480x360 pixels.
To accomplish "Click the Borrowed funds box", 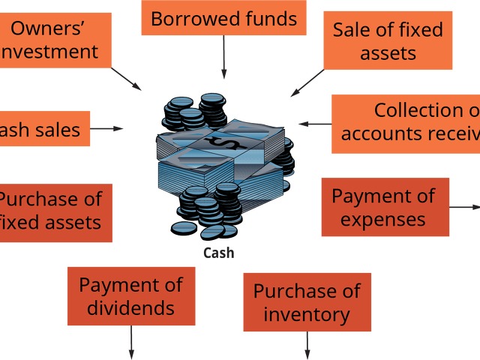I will click(223, 18).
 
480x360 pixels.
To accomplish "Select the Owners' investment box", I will click(54, 40).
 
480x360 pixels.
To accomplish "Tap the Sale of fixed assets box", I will click(388, 40).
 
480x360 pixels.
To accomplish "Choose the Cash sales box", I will click(43, 129).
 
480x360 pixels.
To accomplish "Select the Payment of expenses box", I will click(385, 207).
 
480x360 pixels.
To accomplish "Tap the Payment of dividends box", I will click(130, 295).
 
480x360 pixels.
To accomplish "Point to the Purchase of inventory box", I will click(307, 301).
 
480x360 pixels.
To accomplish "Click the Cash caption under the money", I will click(219, 253).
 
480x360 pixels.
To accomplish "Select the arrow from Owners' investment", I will click(126, 78).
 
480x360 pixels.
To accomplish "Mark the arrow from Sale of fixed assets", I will click(307, 82).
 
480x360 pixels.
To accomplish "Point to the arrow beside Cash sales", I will click(106, 129).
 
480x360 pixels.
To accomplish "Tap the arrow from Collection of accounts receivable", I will click(315, 124).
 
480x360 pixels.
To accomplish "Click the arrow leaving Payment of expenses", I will click(465, 206).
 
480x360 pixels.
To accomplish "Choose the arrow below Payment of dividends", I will click(131, 341).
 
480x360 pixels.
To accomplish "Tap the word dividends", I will click(130, 307).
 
